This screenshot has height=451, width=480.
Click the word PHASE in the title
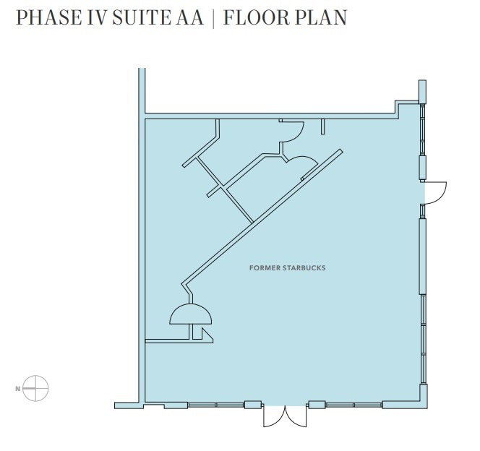coord(49,17)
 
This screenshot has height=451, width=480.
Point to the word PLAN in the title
coord(321,17)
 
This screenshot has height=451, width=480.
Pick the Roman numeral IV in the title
coord(98,17)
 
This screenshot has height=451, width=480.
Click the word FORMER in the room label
coord(265,268)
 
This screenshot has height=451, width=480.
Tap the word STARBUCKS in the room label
coord(304,268)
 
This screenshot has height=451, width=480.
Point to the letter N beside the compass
coord(18,389)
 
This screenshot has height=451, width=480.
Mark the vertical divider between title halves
coord(213,18)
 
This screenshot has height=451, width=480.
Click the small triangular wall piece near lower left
coord(207,335)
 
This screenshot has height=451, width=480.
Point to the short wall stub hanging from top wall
coord(322,126)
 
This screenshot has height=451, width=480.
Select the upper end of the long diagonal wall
coord(340,150)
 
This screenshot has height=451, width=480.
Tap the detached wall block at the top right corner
coord(422,92)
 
